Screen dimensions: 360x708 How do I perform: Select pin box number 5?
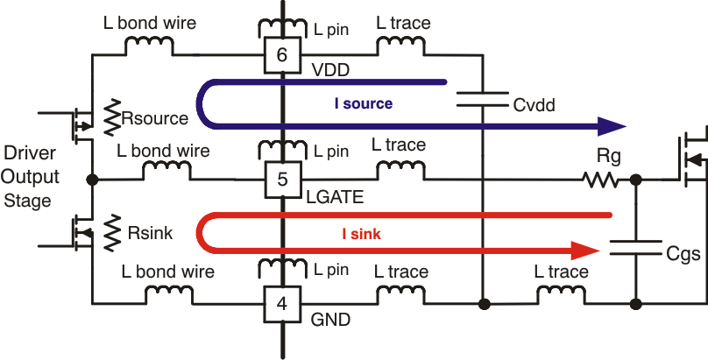pyautogui.click(x=281, y=180)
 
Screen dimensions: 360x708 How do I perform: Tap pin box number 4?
pyautogui.click(x=281, y=305)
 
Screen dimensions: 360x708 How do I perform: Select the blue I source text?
pyautogui.click(x=363, y=103)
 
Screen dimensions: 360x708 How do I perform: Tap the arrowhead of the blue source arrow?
pyautogui.click(x=606, y=127)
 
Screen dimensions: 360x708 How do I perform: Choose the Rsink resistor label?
pyautogui.click(x=152, y=234)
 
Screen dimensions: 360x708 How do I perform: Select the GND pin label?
pyautogui.click(x=330, y=321)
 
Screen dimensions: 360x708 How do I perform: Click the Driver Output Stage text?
pyautogui.click(x=32, y=177)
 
